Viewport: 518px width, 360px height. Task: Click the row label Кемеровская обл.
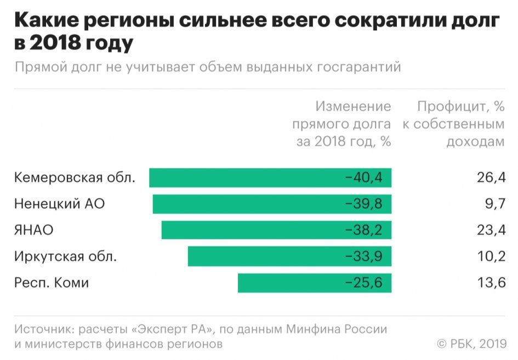[75, 178]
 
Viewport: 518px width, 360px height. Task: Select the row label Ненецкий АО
[59, 204]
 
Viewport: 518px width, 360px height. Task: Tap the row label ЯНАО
[34, 230]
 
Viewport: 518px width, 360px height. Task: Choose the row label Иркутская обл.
[66, 256]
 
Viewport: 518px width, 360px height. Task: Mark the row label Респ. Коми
[52, 283]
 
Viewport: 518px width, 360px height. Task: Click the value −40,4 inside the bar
[363, 178]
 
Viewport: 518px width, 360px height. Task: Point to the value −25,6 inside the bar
[363, 283]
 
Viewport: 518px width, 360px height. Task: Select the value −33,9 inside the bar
[363, 256]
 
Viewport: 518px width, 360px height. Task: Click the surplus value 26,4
[490, 178]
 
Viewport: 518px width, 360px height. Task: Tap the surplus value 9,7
[494, 204]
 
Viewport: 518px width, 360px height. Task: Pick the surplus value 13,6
[490, 283]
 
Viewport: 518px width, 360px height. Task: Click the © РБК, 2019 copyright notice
[470, 344]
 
